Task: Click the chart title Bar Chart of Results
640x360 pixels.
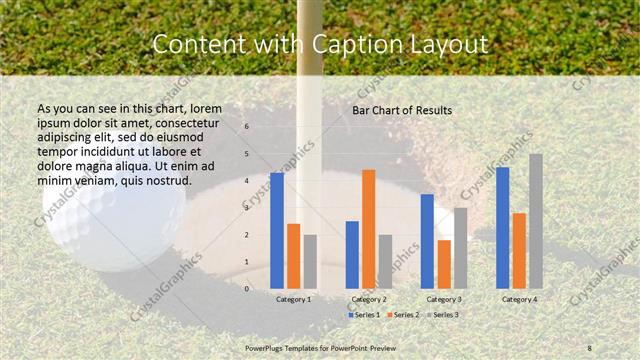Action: [x=402, y=110]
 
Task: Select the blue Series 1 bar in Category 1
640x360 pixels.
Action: [x=276, y=230]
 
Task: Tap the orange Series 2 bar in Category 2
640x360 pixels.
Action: [x=368, y=229]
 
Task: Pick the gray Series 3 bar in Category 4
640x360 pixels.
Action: [x=536, y=221]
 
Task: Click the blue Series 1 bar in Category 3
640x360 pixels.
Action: [x=427, y=241]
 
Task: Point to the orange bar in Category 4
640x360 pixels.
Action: [x=519, y=250]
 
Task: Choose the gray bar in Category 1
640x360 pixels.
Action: [x=310, y=261]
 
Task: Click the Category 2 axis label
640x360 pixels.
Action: [x=368, y=299]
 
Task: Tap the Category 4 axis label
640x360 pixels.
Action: [x=519, y=299]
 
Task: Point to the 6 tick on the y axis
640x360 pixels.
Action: [x=247, y=127]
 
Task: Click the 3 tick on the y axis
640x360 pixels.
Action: [x=247, y=208]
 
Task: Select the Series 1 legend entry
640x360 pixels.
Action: [x=364, y=315]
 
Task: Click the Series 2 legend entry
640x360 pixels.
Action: [x=405, y=315]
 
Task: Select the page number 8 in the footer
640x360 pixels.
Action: [x=590, y=346]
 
